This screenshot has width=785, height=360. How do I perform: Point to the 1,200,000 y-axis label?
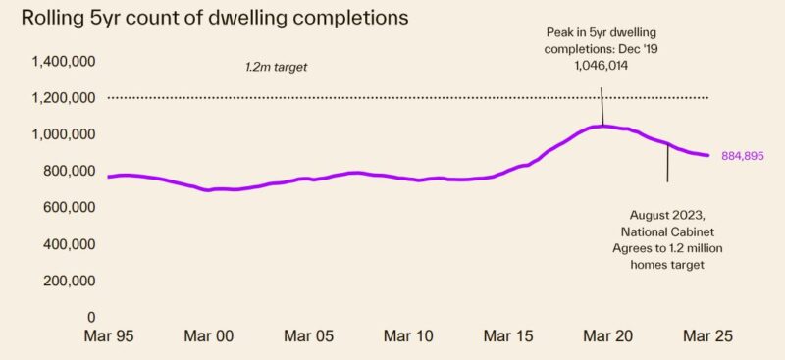pos(64,98)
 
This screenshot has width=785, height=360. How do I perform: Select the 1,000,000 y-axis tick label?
pos(64,134)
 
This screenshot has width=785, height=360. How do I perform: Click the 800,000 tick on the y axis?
pos(70,171)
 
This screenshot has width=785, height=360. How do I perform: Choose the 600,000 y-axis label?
pos(70,208)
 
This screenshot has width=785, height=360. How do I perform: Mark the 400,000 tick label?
pos(70,244)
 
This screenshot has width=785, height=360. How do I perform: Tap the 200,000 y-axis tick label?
pos(70,281)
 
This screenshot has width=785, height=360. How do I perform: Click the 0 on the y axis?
pos(91,317)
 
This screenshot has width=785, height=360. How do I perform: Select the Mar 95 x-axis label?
pos(109,335)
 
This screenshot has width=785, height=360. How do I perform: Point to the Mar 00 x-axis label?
pos(209,335)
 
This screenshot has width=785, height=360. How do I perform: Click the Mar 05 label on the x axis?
pos(310,335)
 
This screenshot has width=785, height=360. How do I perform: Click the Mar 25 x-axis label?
pos(706,335)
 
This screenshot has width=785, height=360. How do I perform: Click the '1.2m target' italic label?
pos(283,68)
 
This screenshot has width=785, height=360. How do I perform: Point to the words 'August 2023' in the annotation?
pos(667,215)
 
